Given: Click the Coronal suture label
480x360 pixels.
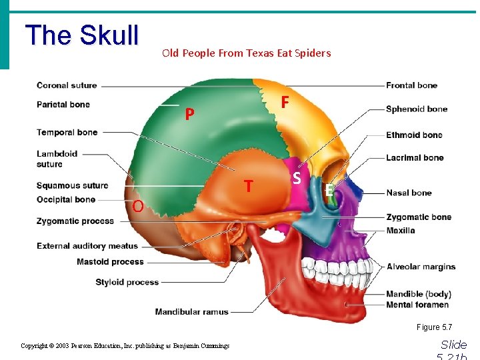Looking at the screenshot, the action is click(x=67, y=85).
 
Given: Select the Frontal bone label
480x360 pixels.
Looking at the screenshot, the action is click(x=411, y=85).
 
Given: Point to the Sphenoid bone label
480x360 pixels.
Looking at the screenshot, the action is click(x=416, y=109).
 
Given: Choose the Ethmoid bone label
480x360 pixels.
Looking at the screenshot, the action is click(x=414, y=135).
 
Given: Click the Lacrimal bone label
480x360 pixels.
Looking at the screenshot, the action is click(x=415, y=158).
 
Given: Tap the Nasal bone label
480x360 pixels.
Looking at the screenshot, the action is click(x=409, y=193).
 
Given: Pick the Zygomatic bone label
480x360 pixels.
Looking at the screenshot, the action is click(x=419, y=217).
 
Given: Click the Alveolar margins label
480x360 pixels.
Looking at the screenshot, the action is click(x=421, y=267).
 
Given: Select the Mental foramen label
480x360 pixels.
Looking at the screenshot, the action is click(x=417, y=305).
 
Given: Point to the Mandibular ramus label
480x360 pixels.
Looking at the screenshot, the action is click(x=191, y=311).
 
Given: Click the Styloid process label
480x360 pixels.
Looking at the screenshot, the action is click(x=127, y=282).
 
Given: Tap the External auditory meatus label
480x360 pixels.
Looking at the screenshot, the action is click(x=87, y=246).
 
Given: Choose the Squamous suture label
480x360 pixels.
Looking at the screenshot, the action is click(x=72, y=186).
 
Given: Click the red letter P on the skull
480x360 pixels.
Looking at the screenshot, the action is click(x=189, y=115).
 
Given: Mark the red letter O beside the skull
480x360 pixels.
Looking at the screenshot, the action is click(x=137, y=206).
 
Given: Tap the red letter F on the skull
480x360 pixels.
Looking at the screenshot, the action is click(x=285, y=102).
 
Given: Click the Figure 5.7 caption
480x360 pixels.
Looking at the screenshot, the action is click(x=434, y=327).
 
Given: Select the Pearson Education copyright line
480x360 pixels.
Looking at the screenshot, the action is click(x=125, y=346).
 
